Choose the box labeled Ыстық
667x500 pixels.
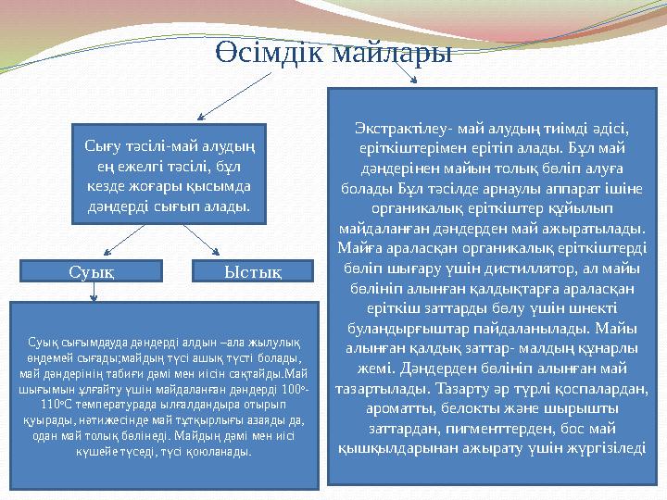[x=250, y=270]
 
